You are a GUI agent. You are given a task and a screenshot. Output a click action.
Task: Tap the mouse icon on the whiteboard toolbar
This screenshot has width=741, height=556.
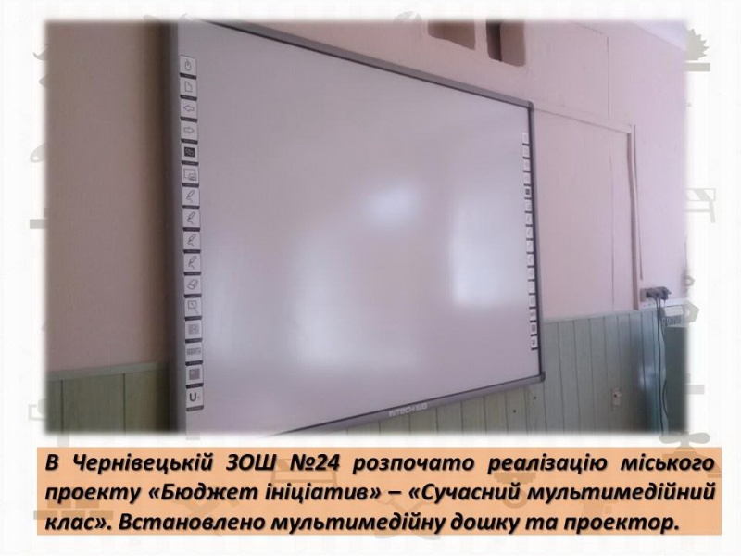click(x=188, y=66)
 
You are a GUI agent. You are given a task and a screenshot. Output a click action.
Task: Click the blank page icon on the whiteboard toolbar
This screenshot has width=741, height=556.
click(x=189, y=87)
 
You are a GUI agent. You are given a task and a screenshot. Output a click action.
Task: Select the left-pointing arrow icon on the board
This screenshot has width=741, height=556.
click(x=189, y=109)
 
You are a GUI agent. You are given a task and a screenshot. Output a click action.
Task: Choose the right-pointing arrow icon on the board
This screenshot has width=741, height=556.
click(x=190, y=131)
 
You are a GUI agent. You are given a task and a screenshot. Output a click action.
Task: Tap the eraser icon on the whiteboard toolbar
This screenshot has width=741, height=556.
click(x=193, y=285)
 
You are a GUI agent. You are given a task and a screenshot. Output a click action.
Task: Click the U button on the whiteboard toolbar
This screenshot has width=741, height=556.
click(x=195, y=397)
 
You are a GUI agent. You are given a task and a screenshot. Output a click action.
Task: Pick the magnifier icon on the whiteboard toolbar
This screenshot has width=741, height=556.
click(x=193, y=307)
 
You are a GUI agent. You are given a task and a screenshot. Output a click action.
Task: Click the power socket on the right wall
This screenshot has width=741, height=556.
click(x=655, y=293)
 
